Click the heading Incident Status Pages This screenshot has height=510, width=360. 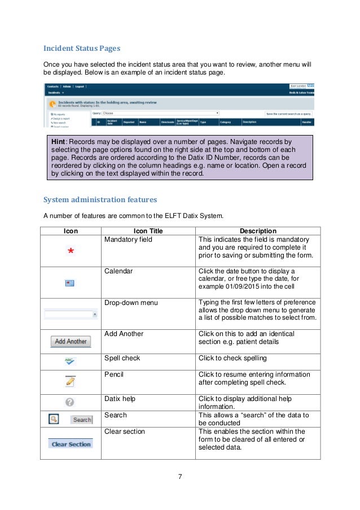pyautogui.click(x=81, y=48)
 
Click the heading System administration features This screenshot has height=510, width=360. pyautogui.click(x=100, y=199)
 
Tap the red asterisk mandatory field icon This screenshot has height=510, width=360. pyautogui.click(x=71, y=251)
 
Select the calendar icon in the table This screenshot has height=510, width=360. pyautogui.click(x=70, y=282)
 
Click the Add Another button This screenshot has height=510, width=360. pyautogui.click(x=71, y=341)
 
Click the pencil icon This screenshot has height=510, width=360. pyautogui.click(x=70, y=381)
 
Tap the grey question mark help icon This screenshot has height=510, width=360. pyautogui.click(x=70, y=402)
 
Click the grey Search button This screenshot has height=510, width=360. pyautogui.click(x=82, y=420)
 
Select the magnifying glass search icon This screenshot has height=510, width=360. pyautogui.click(x=53, y=419)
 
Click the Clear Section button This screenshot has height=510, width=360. pyautogui.click(x=71, y=444)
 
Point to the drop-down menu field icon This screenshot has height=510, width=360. pyautogui.click(x=71, y=314)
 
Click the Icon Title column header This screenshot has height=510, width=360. pyautogui.click(x=148, y=231)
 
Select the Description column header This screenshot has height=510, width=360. pyautogui.click(x=258, y=231)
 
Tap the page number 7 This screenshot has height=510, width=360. pyautogui.click(x=179, y=476)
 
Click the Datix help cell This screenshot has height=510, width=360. pyautogui.click(x=120, y=399)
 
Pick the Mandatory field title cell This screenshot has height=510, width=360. pyautogui.click(x=128, y=239)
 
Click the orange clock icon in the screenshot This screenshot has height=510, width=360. pyautogui.click(x=52, y=103)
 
